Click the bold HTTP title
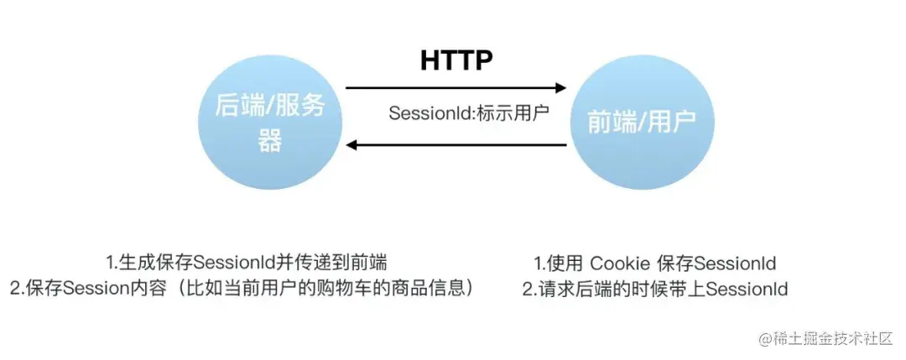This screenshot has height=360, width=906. [456, 60]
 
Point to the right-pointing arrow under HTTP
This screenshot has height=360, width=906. [456, 86]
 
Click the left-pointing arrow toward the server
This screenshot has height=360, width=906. [456, 145]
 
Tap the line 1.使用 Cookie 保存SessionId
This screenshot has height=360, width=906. [654, 262]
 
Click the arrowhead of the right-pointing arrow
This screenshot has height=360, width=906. [560, 86]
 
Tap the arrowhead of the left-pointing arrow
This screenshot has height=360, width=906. [353, 145]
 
